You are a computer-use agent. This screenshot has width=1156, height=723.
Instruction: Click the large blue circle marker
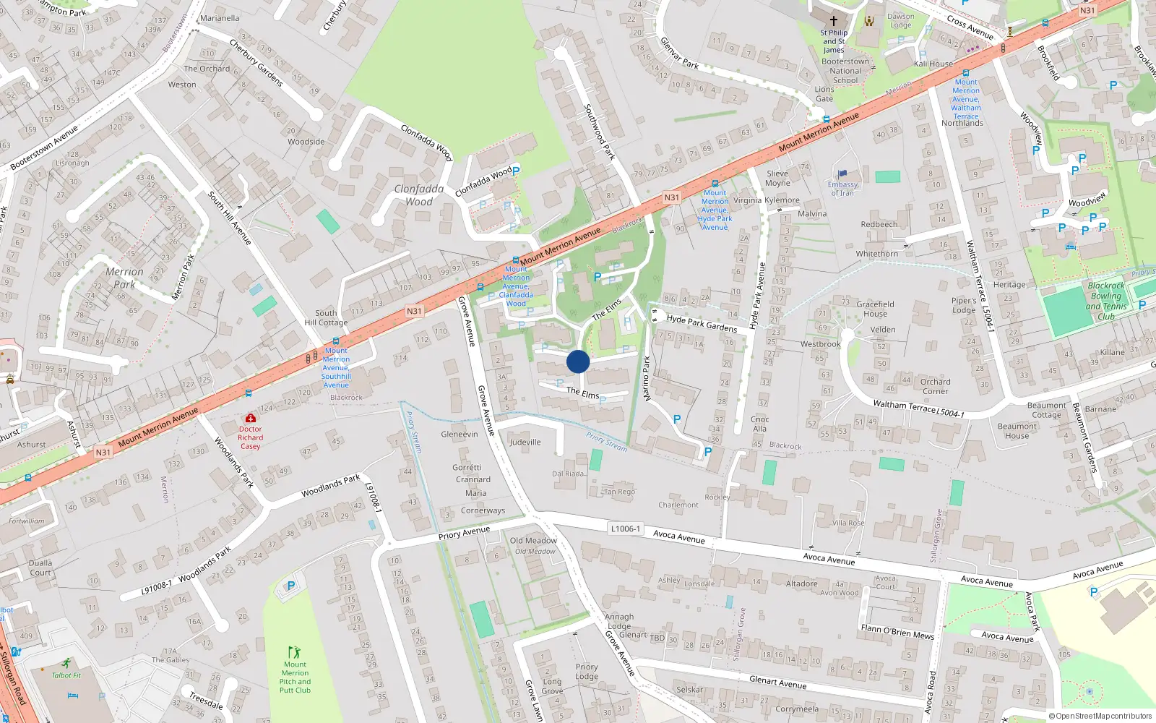coord(578,361)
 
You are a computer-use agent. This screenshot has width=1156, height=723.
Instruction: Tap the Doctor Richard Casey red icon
coord(251,418)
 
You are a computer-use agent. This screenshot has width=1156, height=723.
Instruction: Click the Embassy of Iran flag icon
coord(842,174)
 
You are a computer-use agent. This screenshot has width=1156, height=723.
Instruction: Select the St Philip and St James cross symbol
coord(833,21)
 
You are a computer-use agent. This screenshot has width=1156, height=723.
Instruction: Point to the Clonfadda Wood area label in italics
coord(419,195)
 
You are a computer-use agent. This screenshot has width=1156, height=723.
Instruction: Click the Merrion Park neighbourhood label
coord(124,278)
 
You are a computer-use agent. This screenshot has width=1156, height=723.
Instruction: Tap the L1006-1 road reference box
coord(626,529)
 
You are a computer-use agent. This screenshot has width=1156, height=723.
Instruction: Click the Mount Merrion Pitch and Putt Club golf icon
coord(294,652)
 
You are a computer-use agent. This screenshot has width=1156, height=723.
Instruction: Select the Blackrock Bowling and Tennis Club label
coord(1105,301)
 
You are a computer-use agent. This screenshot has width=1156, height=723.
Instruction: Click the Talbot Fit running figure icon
coord(66,663)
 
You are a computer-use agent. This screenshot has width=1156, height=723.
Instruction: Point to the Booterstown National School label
coord(845,71)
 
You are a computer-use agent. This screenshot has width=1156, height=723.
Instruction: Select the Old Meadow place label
coord(533,541)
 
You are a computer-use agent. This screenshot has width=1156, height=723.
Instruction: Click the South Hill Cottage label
coord(326,318)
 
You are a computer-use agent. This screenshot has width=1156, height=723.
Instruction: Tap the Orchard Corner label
coord(935,386)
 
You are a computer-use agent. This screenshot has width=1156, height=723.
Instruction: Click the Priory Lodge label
coord(587,672)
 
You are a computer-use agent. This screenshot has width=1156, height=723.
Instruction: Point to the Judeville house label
coord(525,442)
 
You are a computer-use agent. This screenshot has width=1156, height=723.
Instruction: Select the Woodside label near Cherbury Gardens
coord(306,142)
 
